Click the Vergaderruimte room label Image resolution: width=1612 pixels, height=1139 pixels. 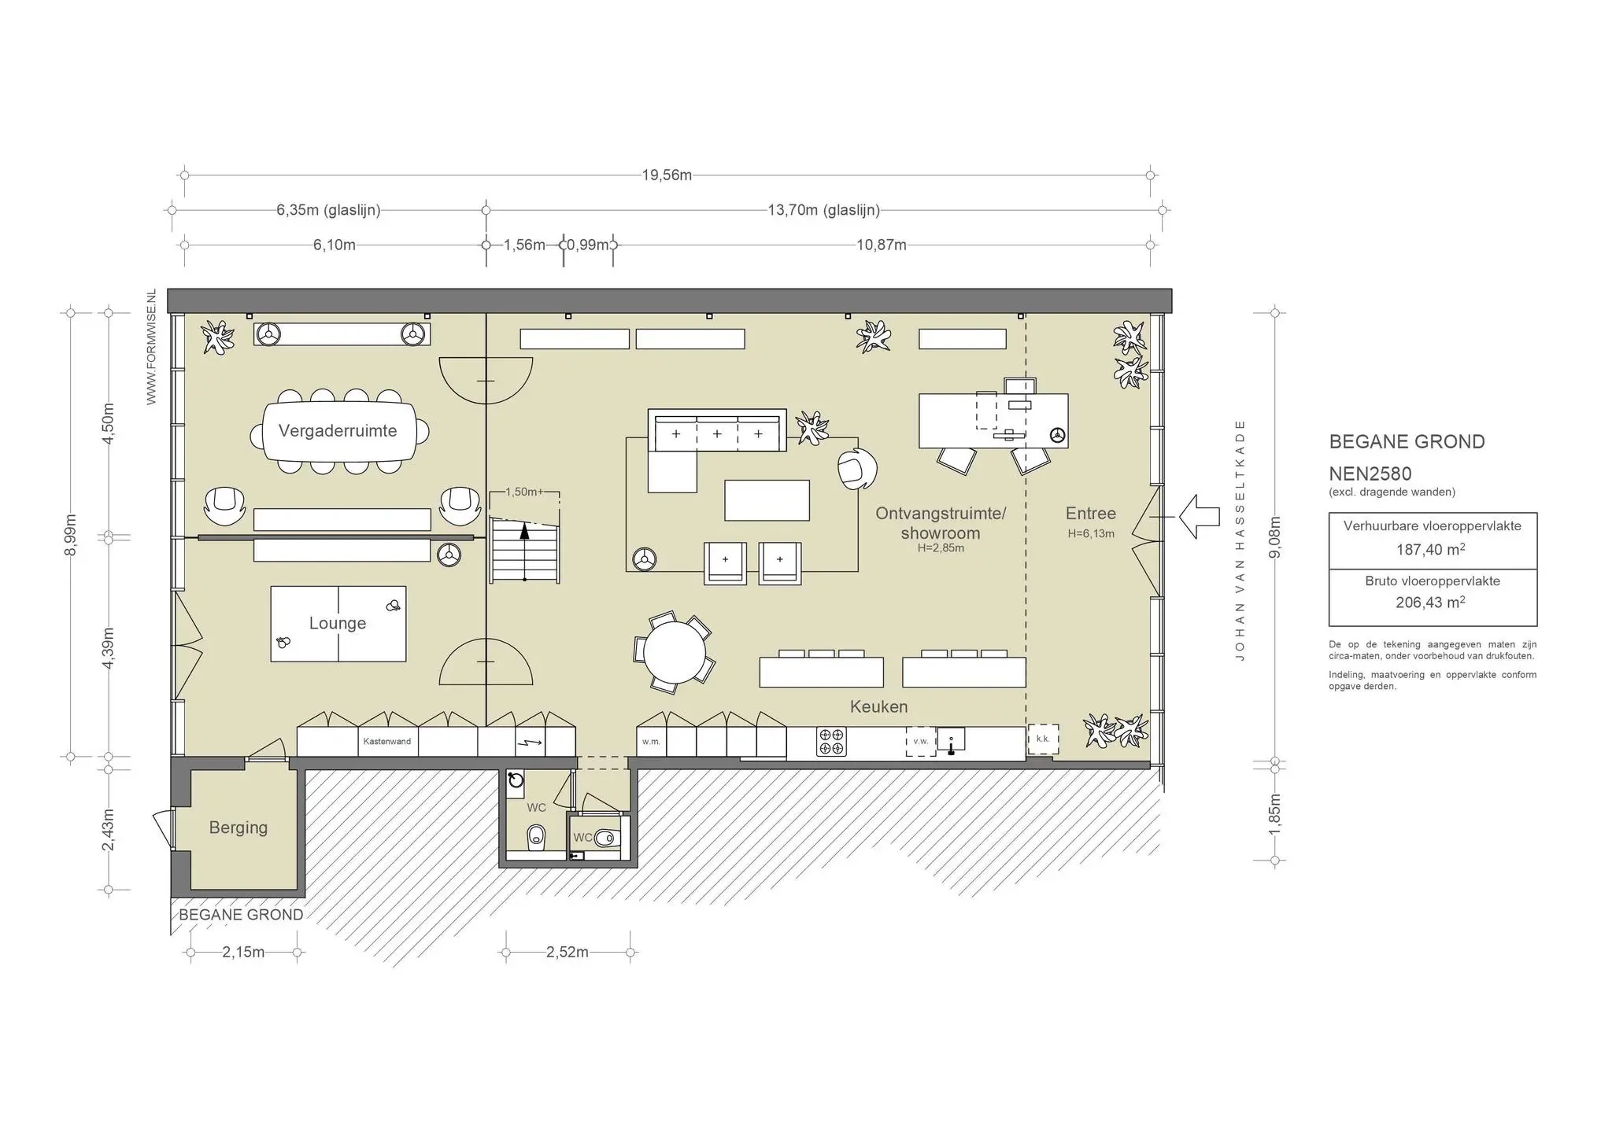pyautogui.click(x=338, y=431)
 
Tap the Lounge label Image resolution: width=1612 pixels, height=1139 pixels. pyautogui.click(x=338, y=623)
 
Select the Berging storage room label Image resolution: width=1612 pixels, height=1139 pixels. pyautogui.click(x=238, y=828)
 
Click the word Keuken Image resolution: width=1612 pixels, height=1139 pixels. pyautogui.click(x=878, y=706)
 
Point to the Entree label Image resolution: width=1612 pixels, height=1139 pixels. pyautogui.click(x=1091, y=514)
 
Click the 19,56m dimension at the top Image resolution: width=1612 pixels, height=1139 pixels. pyautogui.click(x=667, y=175)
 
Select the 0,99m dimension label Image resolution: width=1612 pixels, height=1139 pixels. pyautogui.click(x=588, y=245)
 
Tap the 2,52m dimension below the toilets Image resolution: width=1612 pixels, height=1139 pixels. pyautogui.click(x=568, y=953)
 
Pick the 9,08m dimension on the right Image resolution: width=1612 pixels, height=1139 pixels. pyautogui.click(x=1275, y=537)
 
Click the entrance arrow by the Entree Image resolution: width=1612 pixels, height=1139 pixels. pyautogui.click(x=1199, y=517)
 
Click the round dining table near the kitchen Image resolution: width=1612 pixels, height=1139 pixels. pyautogui.click(x=675, y=652)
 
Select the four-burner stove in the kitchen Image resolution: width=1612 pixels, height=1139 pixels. pyautogui.click(x=831, y=742)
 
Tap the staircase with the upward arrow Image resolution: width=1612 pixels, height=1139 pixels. pyautogui.click(x=524, y=550)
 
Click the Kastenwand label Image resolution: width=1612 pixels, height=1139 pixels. pyautogui.click(x=387, y=741)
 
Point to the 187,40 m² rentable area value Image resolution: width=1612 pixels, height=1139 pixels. pyautogui.click(x=1431, y=549)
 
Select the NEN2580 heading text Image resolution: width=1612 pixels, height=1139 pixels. pyautogui.click(x=1370, y=474)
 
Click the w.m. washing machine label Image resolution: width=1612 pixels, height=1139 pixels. pyautogui.click(x=651, y=741)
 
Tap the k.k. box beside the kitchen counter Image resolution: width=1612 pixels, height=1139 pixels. pyautogui.click(x=1043, y=739)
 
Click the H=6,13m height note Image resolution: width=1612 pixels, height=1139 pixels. pyautogui.click(x=1091, y=533)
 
